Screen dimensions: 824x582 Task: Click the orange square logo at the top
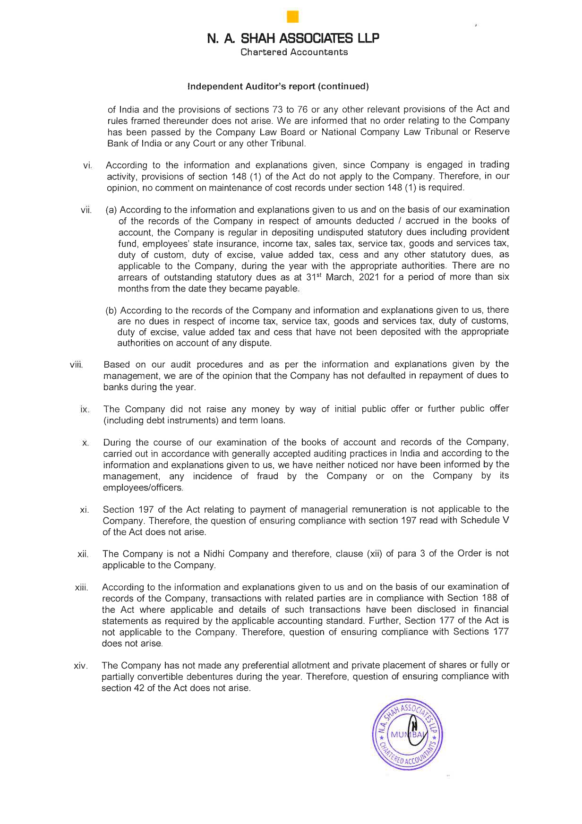tap(293, 17)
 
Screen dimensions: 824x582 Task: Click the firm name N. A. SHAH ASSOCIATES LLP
tap(293, 38)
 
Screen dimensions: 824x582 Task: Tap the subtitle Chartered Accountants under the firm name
tap(294, 52)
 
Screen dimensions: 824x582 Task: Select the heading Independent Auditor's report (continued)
tap(278, 86)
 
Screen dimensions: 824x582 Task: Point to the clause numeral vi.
tap(87, 166)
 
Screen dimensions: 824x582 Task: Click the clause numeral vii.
tap(86, 210)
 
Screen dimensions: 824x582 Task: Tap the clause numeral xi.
tap(85, 510)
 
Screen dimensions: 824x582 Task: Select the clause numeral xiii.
tap(82, 588)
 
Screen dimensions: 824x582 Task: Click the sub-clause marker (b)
tap(111, 310)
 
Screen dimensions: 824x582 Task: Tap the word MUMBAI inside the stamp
tap(408, 735)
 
